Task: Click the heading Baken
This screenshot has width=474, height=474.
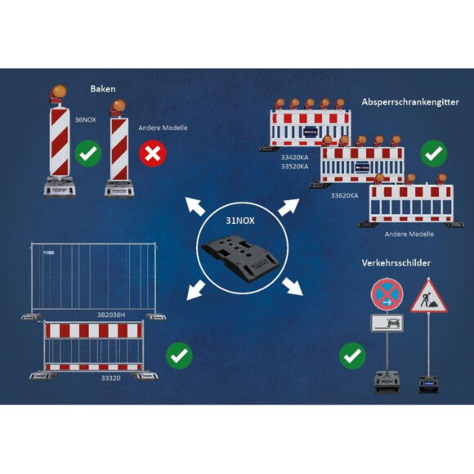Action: point(103,89)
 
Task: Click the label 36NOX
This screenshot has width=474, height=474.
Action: point(86,119)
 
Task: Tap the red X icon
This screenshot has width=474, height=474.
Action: point(153,154)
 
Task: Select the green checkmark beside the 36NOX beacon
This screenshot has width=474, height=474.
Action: point(88,154)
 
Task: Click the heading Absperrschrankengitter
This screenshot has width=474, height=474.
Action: point(410,102)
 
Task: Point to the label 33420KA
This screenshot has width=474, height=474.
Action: point(295,157)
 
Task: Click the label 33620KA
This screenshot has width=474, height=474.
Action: point(344,195)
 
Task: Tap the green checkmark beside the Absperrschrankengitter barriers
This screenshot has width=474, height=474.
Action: point(434,154)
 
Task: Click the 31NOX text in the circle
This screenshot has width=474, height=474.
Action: point(240,221)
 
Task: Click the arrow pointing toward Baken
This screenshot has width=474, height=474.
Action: point(195,206)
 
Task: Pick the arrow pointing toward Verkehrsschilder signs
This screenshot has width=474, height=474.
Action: point(293,286)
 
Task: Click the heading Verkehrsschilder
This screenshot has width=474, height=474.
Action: point(396,263)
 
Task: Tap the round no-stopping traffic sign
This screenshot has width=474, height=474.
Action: point(387,294)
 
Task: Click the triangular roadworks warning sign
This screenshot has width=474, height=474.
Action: point(428,296)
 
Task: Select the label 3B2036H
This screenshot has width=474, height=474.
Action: point(111,315)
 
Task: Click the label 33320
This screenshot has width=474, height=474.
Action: point(110,378)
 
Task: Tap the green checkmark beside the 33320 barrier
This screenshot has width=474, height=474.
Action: point(179,355)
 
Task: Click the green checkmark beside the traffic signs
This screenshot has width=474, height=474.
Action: point(352,355)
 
